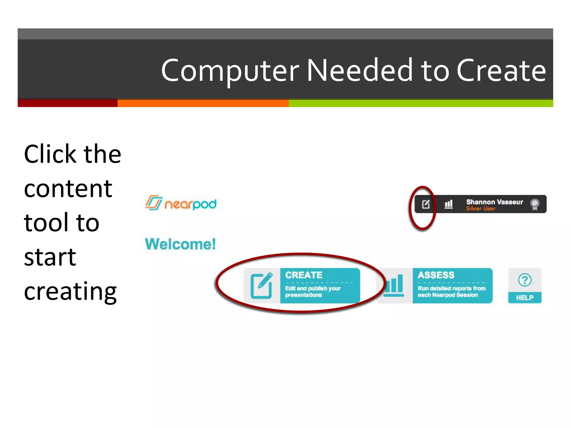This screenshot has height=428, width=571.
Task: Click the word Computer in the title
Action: (230, 71)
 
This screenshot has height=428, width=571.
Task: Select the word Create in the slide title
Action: (501, 71)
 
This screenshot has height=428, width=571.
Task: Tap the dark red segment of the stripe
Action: (67, 103)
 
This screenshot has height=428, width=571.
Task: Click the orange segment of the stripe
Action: (203, 103)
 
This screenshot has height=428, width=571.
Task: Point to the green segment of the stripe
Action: (421, 103)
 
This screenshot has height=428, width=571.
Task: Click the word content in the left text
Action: (68, 189)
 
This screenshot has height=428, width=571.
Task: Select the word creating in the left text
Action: (70, 291)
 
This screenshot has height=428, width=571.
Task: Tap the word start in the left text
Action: (50, 257)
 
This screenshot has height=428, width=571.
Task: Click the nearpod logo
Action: (181, 203)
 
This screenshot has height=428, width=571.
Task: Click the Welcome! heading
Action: (180, 244)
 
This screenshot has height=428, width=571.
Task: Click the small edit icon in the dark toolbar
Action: (426, 204)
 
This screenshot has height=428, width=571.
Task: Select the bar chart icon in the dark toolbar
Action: (448, 204)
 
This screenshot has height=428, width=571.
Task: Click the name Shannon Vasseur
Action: (495, 202)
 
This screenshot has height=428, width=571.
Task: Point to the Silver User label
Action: (481, 209)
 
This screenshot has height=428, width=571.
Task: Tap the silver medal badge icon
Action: (535, 204)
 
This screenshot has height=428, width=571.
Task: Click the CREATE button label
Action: (304, 275)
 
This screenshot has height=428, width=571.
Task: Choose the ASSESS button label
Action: (436, 275)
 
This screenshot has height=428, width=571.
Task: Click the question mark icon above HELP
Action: (525, 280)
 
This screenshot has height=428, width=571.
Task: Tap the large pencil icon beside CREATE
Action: (262, 286)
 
